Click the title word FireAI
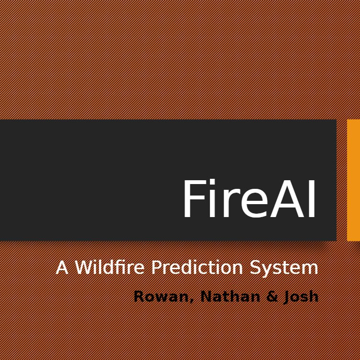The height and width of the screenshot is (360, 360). click(x=249, y=199)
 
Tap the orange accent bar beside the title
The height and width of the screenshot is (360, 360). click(x=353, y=180)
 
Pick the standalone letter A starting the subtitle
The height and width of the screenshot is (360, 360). click(x=62, y=267)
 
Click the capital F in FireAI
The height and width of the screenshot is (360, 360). click(x=192, y=199)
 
